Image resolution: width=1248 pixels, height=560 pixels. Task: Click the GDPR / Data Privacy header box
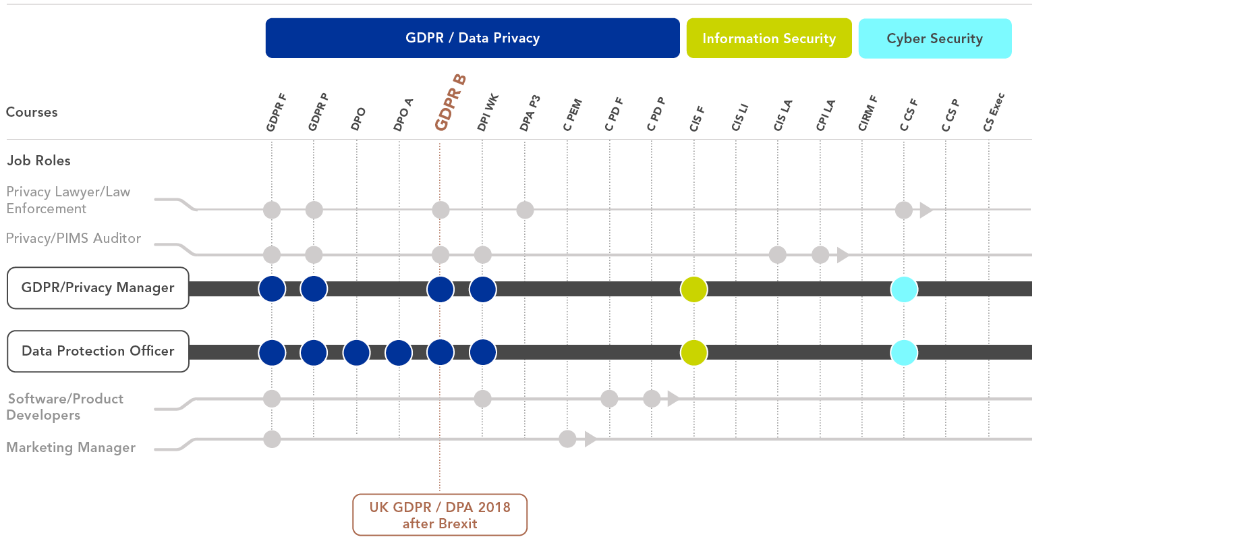[x=472, y=38]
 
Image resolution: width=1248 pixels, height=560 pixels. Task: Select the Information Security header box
[x=769, y=38]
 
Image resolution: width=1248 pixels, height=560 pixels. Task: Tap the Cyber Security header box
[x=935, y=38]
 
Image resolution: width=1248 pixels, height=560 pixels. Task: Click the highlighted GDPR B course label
[x=450, y=102]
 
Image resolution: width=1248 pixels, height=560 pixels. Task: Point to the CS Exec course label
[x=994, y=112]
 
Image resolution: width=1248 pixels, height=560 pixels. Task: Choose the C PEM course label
[x=572, y=115]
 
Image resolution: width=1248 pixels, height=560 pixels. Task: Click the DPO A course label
[x=403, y=115]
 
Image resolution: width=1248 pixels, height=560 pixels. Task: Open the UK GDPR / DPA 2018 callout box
[x=440, y=515]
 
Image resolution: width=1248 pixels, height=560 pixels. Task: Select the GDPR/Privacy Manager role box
[x=98, y=288]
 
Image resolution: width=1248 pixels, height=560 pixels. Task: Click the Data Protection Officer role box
[x=98, y=351]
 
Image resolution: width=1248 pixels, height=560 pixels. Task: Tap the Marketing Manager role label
[x=71, y=447]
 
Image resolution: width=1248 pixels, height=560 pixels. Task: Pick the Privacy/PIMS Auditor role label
[x=74, y=238]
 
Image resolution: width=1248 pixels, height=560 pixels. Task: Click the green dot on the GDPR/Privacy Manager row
[x=693, y=289]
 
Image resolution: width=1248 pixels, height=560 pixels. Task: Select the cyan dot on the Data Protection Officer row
[x=904, y=352]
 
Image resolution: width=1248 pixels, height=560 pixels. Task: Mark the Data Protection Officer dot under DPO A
[x=399, y=352]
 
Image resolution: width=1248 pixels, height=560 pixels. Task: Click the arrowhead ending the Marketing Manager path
[x=590, y=439]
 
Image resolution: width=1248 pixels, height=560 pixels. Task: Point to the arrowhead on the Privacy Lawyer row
[x=926, y=210]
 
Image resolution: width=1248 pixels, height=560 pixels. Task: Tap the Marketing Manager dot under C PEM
[x=567, y=439]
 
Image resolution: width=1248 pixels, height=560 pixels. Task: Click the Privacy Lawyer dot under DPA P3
[x=525, y=210]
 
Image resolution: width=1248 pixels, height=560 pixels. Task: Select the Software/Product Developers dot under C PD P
[x=652, y=399]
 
